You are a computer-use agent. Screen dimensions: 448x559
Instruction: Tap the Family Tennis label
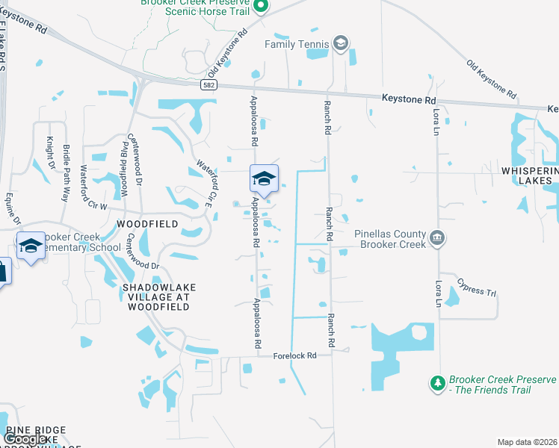(x=297, y=44)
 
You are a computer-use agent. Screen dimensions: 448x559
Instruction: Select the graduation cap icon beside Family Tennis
(x=341, y=44)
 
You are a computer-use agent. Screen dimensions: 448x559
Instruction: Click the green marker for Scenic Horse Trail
(x=260, y=7)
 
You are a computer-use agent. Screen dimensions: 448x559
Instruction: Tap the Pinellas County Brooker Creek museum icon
(x=437, y=239)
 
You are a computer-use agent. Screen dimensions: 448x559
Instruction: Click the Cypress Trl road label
(x=476, y=287)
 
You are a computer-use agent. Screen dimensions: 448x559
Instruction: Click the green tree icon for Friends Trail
(x=437, y=384)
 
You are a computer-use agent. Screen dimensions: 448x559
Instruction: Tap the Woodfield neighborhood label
(x=147, y=224)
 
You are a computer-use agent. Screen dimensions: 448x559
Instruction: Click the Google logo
(x=26, y=440)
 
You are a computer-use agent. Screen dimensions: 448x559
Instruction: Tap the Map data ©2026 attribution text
(x=527, y=442)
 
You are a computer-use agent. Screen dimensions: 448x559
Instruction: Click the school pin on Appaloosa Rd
(x=263, y=178)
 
